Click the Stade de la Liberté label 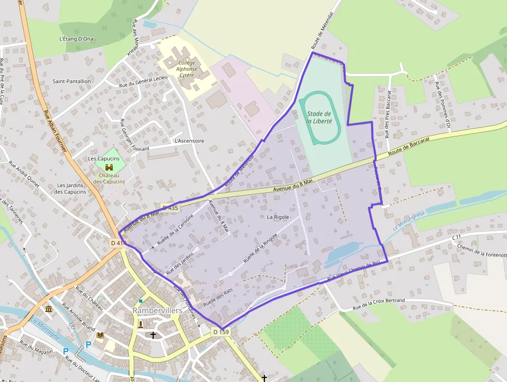319,117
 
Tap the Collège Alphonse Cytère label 186,68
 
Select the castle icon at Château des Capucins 110,167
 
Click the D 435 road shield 170,208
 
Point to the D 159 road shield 220,332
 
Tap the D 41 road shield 117,243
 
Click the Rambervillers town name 157,310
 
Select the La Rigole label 278,217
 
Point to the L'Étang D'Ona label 76,39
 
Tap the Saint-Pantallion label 71,81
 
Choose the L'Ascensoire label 189,140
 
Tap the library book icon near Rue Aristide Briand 100,335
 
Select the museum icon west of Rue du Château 49,309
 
